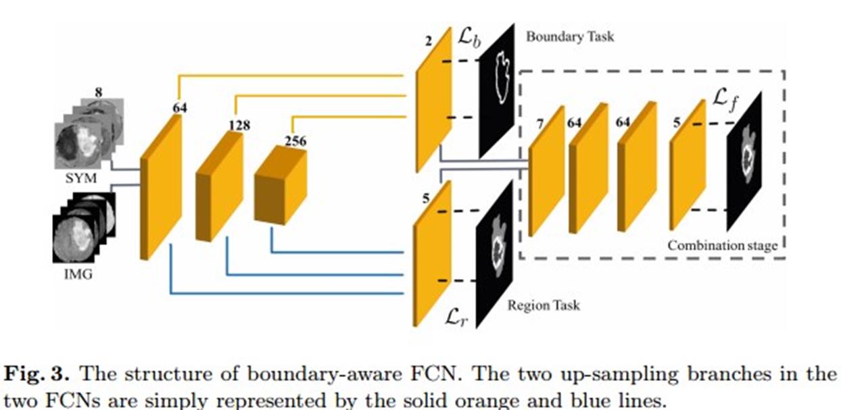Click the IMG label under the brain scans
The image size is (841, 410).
pos(78,276)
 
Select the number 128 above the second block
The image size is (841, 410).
pos(239,125)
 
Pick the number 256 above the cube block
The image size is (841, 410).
pos(295,141)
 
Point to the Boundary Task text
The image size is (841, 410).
pos(571,36)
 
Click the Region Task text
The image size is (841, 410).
pos(543,305)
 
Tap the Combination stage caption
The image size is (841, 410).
pos(722,246)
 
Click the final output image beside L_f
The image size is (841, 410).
pos(745,161)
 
